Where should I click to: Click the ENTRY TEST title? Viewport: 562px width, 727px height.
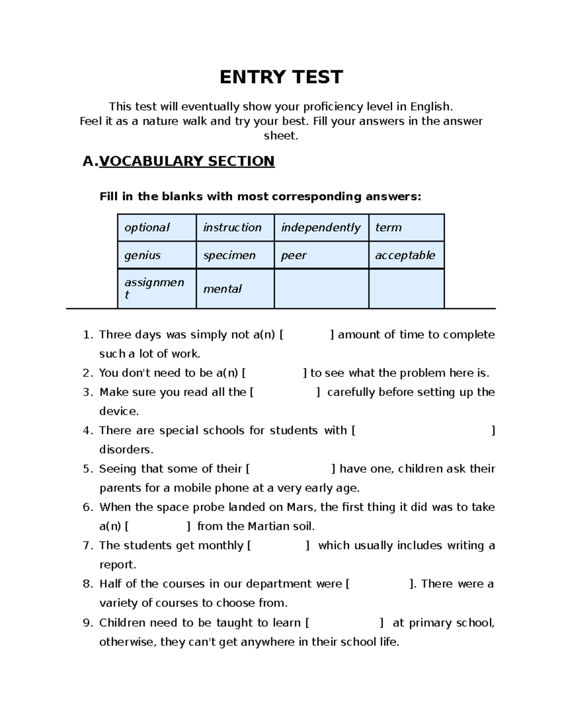pos(281,77)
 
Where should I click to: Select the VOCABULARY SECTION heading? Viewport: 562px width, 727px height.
pos(186,161)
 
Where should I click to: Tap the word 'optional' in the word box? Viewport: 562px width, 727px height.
pos(147,228)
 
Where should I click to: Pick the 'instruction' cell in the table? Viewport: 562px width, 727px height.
pos(232,228)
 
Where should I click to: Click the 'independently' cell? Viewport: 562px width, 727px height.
pos(321,228)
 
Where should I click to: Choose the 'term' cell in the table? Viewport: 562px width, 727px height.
pos(388,228)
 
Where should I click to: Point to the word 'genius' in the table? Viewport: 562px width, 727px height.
pos(142,255)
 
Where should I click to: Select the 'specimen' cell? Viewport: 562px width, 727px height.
pos(229,255)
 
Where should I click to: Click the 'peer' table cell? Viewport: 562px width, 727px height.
pos(294,255)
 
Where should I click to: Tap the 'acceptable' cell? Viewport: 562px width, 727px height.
pos(405,255)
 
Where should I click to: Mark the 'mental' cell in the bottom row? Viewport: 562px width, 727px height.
pos(222,289)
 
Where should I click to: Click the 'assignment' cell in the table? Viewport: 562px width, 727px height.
pos(154,288)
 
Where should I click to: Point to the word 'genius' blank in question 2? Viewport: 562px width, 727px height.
pos(274,373)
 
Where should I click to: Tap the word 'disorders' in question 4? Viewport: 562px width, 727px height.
pos(126,449)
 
